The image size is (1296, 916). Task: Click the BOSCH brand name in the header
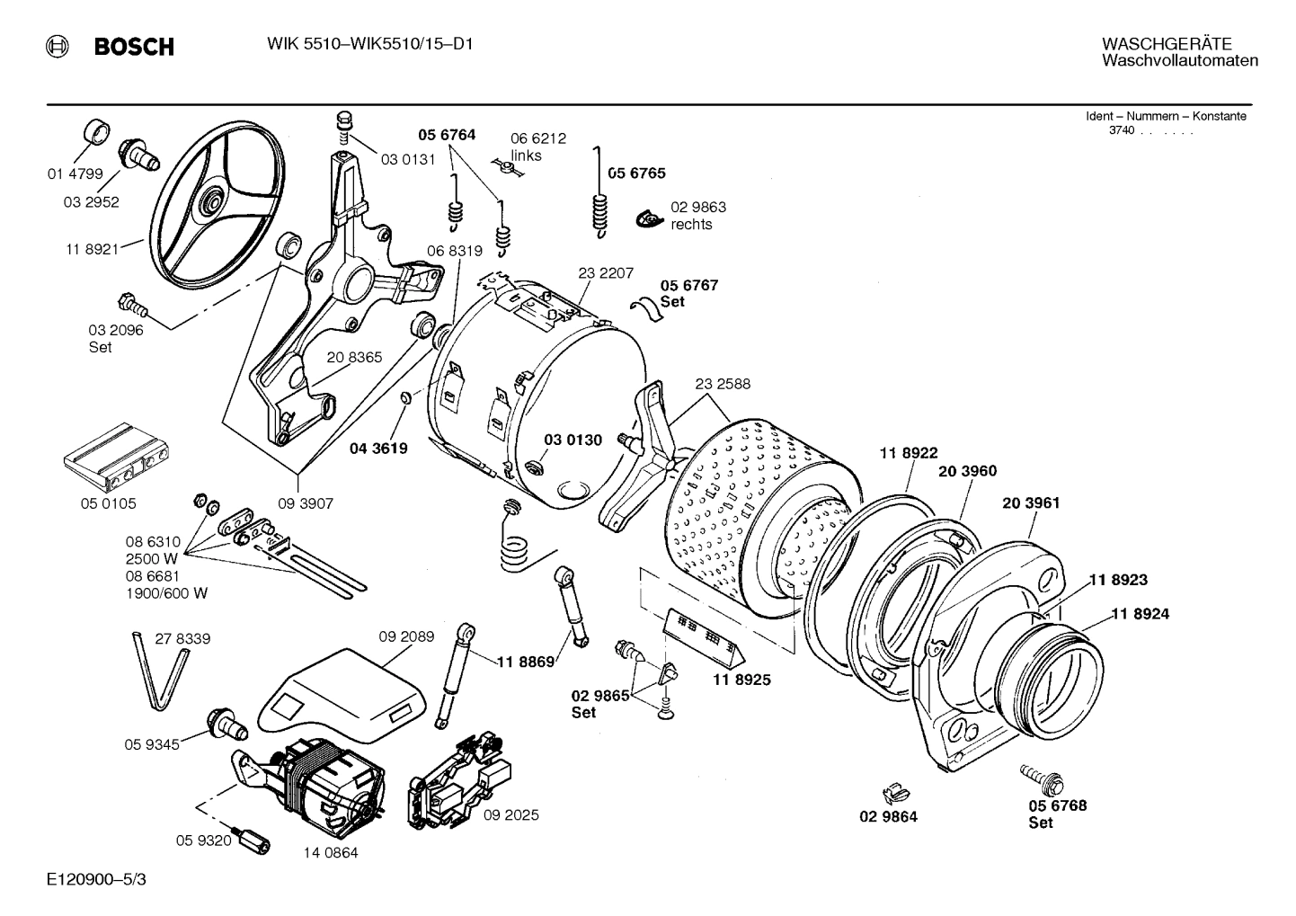tap(134, 47)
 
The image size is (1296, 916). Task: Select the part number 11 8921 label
tap(91, 249)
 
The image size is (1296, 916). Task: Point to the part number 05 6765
tap(636, 173)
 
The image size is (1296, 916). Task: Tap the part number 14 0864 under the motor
tap(330, 852)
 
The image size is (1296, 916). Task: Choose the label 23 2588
tap(722, 384)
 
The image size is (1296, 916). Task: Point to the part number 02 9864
tap(888, 817)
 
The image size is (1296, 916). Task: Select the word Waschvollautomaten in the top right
tap(1179, 61)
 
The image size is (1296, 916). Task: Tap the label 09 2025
tap(510, 815)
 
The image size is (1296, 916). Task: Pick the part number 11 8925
tap(741, 680)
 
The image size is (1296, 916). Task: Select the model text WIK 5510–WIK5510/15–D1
tap(370, 44)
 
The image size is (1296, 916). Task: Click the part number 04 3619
tap(378, 448)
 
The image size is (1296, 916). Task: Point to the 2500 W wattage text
tap(154, 558)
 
